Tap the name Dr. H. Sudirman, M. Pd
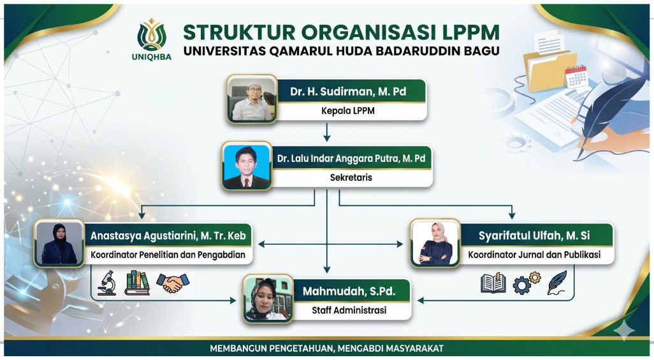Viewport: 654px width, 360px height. (x=348, y=92)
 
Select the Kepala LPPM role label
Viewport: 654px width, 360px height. (x=348, y=111)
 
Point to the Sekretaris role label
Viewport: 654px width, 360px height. (x=351, y=177)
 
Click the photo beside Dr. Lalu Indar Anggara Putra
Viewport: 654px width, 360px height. (x=247, y=166)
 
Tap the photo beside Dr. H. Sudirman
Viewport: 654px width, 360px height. (x=252, y=99)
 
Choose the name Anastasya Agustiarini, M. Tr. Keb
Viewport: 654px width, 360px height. (x=168, y=236)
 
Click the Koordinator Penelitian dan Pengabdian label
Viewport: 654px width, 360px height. (x=168, y=255)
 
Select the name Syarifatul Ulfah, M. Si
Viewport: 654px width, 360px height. (x=534, y=236)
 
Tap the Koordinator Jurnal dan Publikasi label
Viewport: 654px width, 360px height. (x=534, y=255)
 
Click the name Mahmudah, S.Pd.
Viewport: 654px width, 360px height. (x=349, y=291)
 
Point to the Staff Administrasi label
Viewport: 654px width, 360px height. (x=349, y=310)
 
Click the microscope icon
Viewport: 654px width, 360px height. (x=107, y=283)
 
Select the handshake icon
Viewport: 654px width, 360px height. (x=173, y=283)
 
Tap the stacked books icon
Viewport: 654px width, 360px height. (x=137, y=283)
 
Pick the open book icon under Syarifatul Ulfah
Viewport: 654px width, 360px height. (x=493, y=283)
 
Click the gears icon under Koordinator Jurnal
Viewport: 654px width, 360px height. (x=527, y=283)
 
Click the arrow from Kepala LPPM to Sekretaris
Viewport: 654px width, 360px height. (x=327, y=133)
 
